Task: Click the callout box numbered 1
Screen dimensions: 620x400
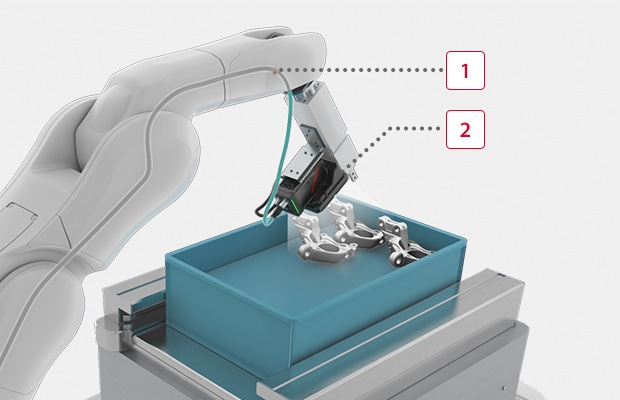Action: [x=465, y=70]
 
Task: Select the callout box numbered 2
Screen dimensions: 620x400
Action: [x=465, y=130]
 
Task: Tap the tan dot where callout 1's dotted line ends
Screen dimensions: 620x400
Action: [x=275, y=70]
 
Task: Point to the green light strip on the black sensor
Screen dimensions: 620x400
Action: [x=296, y=204]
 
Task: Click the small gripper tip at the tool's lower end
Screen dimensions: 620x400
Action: [x=353, y=173]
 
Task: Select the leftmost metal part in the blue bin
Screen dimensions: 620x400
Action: [x=322, y=240]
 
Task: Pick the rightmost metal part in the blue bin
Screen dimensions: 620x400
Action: [x=404, y=241]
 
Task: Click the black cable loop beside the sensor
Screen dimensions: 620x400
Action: [x=264, y=211]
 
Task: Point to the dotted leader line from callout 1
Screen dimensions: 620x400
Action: [x=360, y=70]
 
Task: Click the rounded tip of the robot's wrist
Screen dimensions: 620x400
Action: [x=308, y=45]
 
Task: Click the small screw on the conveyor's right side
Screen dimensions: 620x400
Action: [x=504, y=389]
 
